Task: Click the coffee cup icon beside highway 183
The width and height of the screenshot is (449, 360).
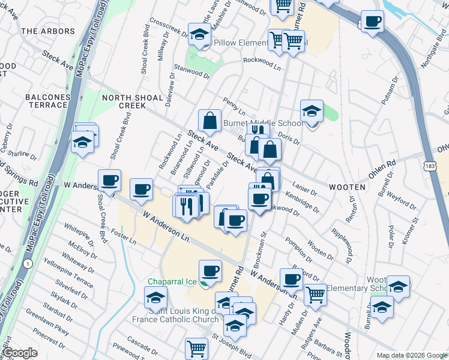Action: tap(372, 22)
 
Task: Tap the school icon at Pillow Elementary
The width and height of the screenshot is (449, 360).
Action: tap(198, 35)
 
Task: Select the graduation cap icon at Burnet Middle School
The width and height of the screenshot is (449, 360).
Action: tap(312, 112)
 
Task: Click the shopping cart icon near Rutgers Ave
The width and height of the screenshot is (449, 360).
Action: tap(315, 294)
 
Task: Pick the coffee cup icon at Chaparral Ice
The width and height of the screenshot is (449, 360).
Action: tap(209, 271)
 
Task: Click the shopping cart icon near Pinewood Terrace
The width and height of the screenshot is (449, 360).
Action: tap(196, 348)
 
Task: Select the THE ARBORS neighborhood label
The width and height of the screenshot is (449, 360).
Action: tap(40, 31)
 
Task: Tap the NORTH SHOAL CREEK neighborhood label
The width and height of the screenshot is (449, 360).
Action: tap(132, 101)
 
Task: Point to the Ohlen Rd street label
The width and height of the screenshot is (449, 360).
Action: tap(382, 164)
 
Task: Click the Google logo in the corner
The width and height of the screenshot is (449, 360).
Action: tap(19, 353)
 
